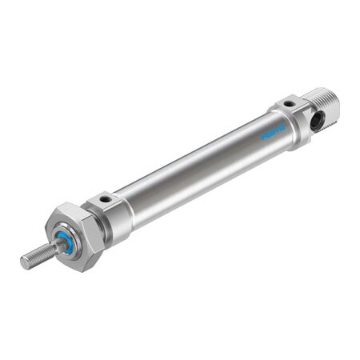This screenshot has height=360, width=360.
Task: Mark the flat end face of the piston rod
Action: (x=22, y=263)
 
